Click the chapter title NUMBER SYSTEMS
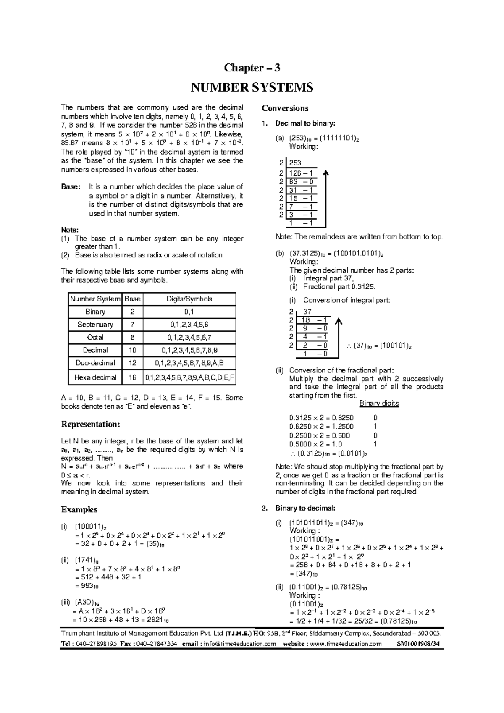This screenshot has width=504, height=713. [252, 87]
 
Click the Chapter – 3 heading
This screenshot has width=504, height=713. [252, 68]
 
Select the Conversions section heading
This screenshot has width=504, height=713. [285, 108]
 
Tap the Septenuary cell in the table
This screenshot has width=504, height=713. [95, 325]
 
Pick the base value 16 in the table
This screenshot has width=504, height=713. [133, 377]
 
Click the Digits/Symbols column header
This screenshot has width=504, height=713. [189, 299]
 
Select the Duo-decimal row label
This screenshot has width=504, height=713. [95, 363]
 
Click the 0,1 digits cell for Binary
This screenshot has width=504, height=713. [189, 312]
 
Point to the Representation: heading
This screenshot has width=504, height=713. [91, 424]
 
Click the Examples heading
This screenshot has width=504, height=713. [79, 509]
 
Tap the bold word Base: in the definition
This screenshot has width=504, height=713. [71, 187]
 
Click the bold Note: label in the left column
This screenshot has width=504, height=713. [70, 230]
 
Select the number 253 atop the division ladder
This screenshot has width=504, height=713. [295, 163]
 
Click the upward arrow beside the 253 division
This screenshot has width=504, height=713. [326, 197]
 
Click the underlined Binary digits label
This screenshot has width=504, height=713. [379, 404]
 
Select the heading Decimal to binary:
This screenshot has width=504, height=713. [305, 123]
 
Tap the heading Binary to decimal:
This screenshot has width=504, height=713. [305, 509]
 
